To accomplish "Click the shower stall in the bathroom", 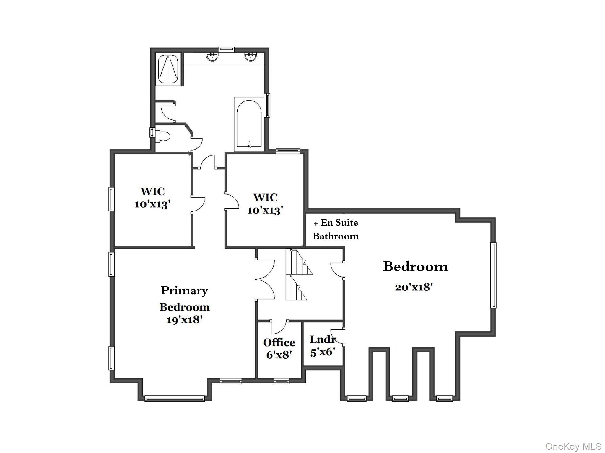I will [168, 70].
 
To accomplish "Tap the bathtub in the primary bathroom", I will [249, 124].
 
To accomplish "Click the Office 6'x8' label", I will [279, 348].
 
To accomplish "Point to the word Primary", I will [184, 290].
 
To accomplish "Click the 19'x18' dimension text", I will [184, 320].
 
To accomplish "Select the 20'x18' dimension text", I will [414, 287].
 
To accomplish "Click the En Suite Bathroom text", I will [336, 229].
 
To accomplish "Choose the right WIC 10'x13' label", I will [265, 204].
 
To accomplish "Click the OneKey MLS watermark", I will [573, 447].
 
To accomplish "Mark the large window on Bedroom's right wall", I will [493, 275].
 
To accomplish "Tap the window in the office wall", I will [281, 381].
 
